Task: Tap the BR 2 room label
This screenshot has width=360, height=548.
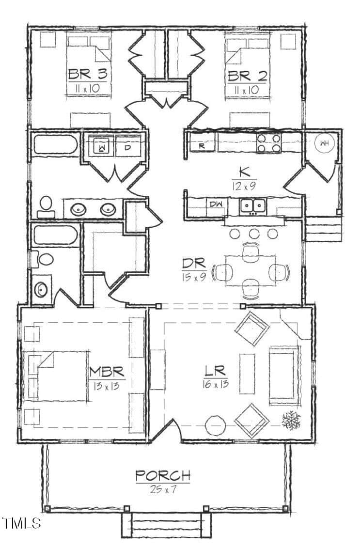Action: (248, 76)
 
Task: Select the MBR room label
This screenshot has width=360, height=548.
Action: (107, 372)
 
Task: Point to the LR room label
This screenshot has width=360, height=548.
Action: (215, 371)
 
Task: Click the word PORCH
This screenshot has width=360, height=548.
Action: (163, 475)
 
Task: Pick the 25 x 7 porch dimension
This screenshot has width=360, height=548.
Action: (163, 489)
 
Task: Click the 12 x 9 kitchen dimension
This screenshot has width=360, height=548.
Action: (244, 186)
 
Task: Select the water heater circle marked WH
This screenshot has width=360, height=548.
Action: (324, 143)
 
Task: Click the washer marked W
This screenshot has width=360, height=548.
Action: (102, 146)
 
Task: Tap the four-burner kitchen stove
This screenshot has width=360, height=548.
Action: (269, 143)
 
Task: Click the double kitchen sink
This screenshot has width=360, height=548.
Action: (253, 205)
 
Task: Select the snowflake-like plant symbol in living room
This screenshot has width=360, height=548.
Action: (291, 420)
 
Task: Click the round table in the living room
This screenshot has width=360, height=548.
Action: (215, 425)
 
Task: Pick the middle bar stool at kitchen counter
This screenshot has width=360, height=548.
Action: (254, 233)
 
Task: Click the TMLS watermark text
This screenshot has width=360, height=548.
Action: (22, 523)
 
